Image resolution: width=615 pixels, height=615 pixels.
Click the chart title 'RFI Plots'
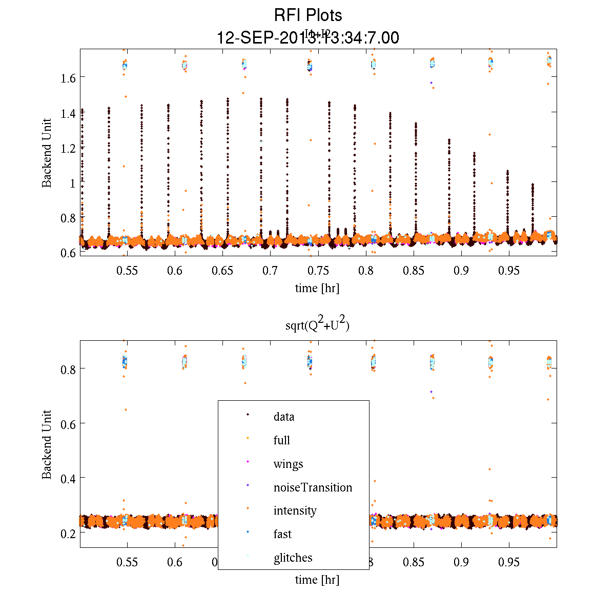pyautogui.click(x=308, y=15)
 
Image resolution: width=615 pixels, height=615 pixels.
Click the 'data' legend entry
pyautogui.click(x=284, y=417)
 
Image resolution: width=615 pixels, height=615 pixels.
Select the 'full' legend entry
pyautogui.click(x=282, y=440)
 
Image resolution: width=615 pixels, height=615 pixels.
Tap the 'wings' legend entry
pyautogui.click(x=288, y=464)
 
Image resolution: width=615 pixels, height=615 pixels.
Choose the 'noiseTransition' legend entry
pyautogui.click(x=313, y=487)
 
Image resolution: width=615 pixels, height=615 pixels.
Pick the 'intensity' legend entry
pyautogui.click(x=295, y=510)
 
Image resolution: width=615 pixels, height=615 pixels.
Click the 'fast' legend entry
pyautogui.click(x=282, y=534)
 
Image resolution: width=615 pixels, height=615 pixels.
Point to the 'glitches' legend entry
pyautogui.click(x=293, y=558)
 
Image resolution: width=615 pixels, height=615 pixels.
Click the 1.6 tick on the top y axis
pyautogui.click(x=69, y=78)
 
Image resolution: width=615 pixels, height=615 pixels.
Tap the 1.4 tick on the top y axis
pyautogui.click(x=69, y=113)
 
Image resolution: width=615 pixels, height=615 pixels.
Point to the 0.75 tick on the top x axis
pyautogui.click(x=318, y=271)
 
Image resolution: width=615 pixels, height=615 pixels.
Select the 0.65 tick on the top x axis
pyautogui.click(x=222, y=271)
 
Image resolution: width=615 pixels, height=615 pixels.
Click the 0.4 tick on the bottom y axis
pyautogui.click(x=69, y=478)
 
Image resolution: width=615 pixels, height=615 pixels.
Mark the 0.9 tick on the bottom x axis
pyautogui.click(x=461, y=562)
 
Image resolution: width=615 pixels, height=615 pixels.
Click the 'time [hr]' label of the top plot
pyautogui.click(x=317, y=288)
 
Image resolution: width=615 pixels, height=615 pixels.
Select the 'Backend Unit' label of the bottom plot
pyautogui.click(x=47, y=444)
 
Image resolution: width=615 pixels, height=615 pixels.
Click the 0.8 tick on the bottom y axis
pyautogui.click(x=69, y=369)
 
